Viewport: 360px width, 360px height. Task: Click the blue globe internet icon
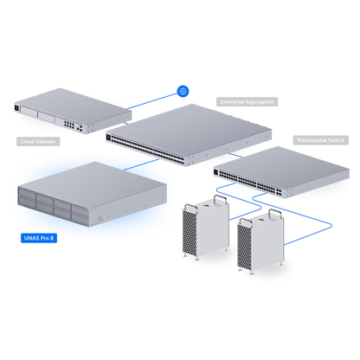tap(183, 90)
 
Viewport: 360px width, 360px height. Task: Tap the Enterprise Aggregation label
tap(247, 101)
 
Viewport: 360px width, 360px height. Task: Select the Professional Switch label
tap(321, 139)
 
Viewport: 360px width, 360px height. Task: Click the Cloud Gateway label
tap(39, 140)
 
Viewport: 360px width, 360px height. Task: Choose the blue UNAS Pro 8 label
tap(39, 237)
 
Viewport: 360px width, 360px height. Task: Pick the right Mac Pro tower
tap(257, 243)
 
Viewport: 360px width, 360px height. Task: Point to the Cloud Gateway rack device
tap(61, 112)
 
